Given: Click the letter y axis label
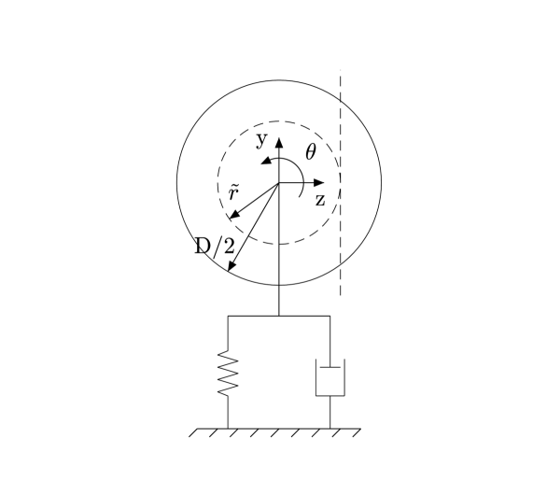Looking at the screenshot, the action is coord(261,141).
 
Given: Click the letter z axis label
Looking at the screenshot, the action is coord(320,201).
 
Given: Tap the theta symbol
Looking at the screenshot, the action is coord(311,152).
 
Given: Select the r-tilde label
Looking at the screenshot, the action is coord(233,193).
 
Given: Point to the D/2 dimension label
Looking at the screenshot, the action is coord(215,246).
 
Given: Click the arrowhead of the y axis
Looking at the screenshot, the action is coord(279,142).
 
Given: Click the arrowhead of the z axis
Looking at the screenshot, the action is coord(319,182).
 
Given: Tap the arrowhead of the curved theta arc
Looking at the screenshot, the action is coord(266,161).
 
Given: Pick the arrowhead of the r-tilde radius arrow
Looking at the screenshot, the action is coord(233,215).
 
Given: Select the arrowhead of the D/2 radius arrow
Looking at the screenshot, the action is coord(231,266).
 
